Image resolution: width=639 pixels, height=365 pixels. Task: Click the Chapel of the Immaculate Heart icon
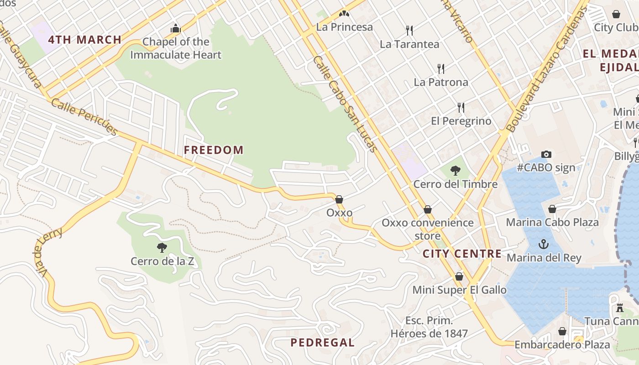(176, 29)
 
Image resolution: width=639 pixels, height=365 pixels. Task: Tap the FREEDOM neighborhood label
(214, 150)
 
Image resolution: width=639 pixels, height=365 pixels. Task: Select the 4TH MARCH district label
(85, 40)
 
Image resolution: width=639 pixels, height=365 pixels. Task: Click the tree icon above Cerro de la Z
(162, 248)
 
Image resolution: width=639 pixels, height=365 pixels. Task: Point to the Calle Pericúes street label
(84, 116)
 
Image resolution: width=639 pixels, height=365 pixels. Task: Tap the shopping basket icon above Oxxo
(339, 199)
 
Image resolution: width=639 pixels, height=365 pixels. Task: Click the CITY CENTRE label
(462, 254)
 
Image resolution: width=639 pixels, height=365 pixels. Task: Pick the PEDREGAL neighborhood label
(322, 342)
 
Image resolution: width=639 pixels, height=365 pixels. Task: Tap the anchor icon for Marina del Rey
(543, 244)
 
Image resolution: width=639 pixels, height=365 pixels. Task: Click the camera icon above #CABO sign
(546, 155)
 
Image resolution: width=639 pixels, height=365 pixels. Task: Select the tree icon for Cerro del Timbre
(455, 171)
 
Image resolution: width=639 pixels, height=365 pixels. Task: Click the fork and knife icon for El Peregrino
(461, 108)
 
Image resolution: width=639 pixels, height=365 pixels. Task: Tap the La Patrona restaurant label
(441, 82)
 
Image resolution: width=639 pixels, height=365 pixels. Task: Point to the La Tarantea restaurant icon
(409, 31)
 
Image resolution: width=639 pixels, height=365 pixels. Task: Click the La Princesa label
(345, 27)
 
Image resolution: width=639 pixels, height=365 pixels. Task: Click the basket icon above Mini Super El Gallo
(459, 276)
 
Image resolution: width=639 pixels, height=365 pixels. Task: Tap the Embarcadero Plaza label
(562, 344)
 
